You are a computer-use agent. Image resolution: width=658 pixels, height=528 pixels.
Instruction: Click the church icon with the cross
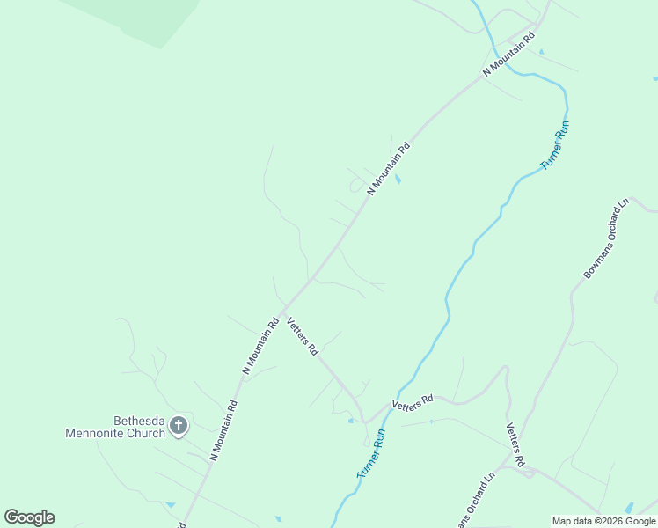coord(178,427)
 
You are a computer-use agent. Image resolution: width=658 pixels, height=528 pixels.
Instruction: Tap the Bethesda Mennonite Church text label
coord(115,427)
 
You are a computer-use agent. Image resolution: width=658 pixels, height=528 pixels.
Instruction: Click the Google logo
coord(29,517)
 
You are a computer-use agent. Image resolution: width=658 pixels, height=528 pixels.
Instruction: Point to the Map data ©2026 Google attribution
coord(603,521)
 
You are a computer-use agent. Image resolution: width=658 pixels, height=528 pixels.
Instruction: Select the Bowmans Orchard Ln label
coord(607,239)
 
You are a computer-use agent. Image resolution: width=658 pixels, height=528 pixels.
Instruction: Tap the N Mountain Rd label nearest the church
coord(224,431)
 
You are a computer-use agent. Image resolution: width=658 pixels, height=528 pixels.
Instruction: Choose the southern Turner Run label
coord(371,453)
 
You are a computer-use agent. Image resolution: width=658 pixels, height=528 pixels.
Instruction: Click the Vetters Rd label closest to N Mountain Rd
coord(303,336)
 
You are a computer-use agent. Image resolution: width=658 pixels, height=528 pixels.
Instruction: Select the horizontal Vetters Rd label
coord(413,403)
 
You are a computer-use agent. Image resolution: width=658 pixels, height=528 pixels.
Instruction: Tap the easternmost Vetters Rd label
coord(515,444)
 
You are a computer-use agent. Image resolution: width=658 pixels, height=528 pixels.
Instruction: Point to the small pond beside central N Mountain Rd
coord(398,180)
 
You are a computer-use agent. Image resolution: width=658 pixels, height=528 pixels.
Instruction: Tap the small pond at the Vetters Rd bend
coord(351,421)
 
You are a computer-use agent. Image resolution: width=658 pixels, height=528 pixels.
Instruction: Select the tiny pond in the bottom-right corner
coord(629,509)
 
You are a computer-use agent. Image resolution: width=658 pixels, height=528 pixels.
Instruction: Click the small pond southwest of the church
coord(170,504)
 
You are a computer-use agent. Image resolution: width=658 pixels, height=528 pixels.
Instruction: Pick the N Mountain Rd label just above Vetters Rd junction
coord(260,346)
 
